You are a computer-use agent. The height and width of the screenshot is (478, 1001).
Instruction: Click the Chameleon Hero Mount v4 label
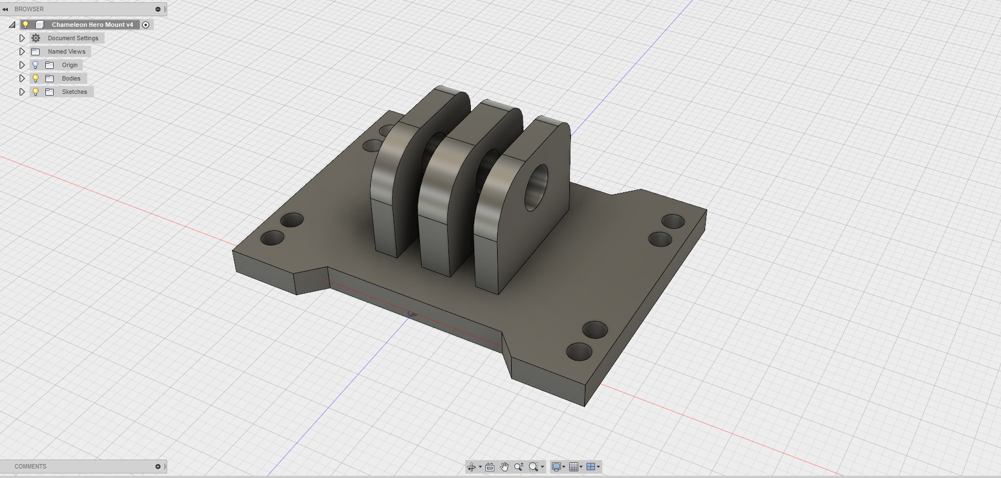tap(92, 25)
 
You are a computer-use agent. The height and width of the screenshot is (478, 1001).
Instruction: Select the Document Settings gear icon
tap(36, 38)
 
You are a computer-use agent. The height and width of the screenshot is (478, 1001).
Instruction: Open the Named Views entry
tap(67, 51)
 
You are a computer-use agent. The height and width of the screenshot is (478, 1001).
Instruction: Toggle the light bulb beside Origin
tap(35, 65)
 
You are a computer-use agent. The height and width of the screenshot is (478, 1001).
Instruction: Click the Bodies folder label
tap(71, 78)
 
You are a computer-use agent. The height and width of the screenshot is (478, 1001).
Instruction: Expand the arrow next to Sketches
tap(22, 92)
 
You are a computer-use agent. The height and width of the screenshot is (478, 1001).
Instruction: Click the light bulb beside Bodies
tap(35, 78)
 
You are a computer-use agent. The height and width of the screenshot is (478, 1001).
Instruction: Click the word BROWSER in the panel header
tap(29, 9)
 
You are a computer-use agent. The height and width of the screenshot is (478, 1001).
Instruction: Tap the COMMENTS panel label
tap(31, 466)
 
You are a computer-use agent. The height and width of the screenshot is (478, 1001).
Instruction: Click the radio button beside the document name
tap(146, 25)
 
